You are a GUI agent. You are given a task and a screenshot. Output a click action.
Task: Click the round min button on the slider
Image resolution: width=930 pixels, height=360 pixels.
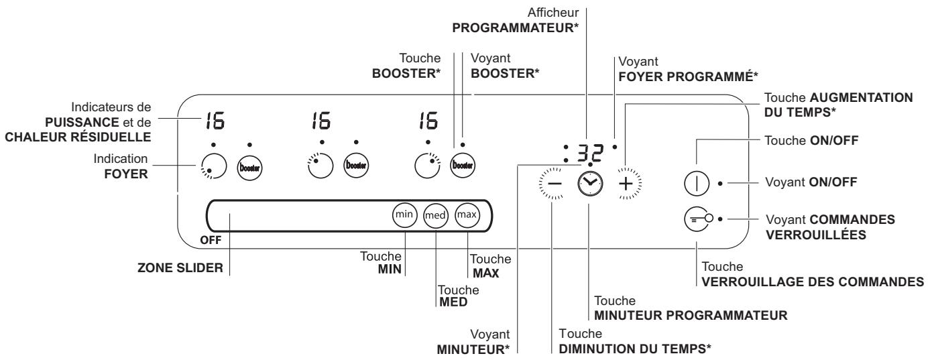(404, 215)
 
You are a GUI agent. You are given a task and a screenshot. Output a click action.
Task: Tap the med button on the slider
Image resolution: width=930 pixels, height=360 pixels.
(436, 216)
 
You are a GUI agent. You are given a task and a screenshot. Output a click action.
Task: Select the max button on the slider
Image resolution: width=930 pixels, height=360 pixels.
(467, 215)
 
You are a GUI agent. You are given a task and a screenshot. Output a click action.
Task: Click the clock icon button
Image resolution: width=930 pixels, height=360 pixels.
(588, 182)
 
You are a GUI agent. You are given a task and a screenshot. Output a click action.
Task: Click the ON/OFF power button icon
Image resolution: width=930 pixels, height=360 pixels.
(697, 182)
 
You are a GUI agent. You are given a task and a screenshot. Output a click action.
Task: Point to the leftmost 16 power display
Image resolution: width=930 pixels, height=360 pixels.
(215, 121)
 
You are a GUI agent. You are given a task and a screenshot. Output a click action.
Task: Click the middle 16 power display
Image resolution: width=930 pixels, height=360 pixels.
(323, 121)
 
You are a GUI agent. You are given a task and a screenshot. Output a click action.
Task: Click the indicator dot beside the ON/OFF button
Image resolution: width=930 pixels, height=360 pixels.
(719, 182)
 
